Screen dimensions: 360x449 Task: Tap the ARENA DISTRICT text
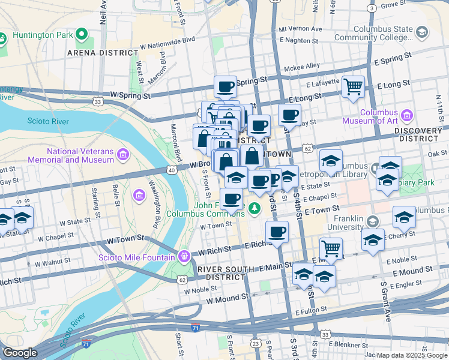click(103, 53)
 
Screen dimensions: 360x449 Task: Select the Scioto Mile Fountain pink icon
click(184, 255)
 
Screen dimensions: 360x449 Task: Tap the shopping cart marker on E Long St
click(354, 86)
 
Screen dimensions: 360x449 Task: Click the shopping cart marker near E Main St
click(331, 247)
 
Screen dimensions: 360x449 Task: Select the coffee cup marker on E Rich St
click(277, 231)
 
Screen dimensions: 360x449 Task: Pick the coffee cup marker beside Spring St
click(226, 86)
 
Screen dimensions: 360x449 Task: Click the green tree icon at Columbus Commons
click(255, 208)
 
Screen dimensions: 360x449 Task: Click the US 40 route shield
click(172, 171)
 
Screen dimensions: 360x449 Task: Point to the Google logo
click(20, 353)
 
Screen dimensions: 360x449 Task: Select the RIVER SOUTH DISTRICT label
click(226, 272)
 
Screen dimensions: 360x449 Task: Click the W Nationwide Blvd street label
click(168, 40)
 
